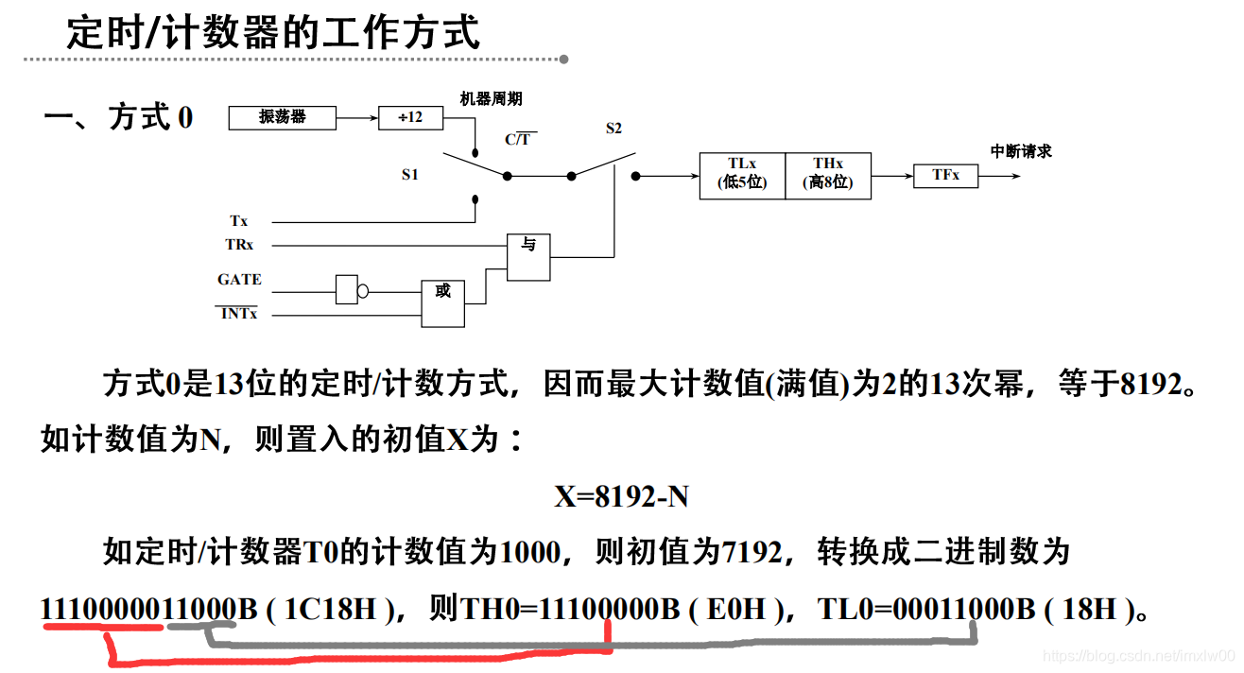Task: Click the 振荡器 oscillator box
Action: coord(283,117)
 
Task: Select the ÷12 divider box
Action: coord(410,117)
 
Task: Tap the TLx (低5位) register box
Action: coord(742,175)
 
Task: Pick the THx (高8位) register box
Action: coord(827,175)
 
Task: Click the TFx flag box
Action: coord(945,175)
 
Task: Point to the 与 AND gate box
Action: coord(528,256)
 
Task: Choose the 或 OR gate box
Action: coord(442,302)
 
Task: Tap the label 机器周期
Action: coord(491,98)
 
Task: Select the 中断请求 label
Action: coord(1020,151)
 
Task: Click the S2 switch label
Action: coord(613,129)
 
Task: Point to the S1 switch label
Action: coord(409,175)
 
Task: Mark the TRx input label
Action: coord(238,244)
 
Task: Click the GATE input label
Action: coord(239,280)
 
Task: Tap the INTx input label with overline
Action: coord(238,314)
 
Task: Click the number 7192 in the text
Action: coord(752,551)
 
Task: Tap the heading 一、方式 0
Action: coord(118,118)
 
